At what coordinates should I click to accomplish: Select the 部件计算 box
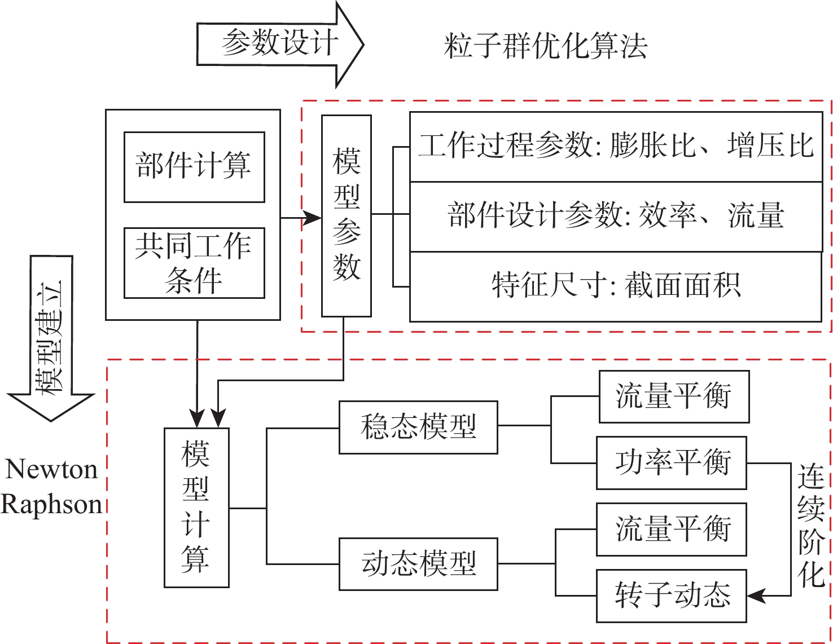[x=194, y=167]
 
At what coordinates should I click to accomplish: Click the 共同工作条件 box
[x=194, y=263]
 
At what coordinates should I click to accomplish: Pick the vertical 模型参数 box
[x=346, y=216]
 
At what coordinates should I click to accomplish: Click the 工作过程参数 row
[x=616, y=147]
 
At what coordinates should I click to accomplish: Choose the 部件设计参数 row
[x=616, y=217]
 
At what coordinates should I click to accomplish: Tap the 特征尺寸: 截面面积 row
[x=616, y=286]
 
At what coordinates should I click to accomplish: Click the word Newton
[x=51, y=469]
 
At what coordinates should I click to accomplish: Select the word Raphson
[x=51, y=504]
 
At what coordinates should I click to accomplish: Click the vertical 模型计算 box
[x=196, y=508]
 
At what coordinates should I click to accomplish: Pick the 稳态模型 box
[x=418, y=427]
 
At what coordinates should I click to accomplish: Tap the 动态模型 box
[x=418, y=564]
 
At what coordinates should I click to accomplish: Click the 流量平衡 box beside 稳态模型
[x=674, y=396]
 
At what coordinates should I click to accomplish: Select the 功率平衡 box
[x=672, y=462]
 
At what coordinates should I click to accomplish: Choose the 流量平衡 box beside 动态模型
[x=672, y=530]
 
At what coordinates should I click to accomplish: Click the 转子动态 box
[x=672, y=596]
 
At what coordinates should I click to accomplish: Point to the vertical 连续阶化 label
[x=812, y=526]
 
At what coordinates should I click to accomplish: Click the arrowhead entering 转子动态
[x=756, y=596]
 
